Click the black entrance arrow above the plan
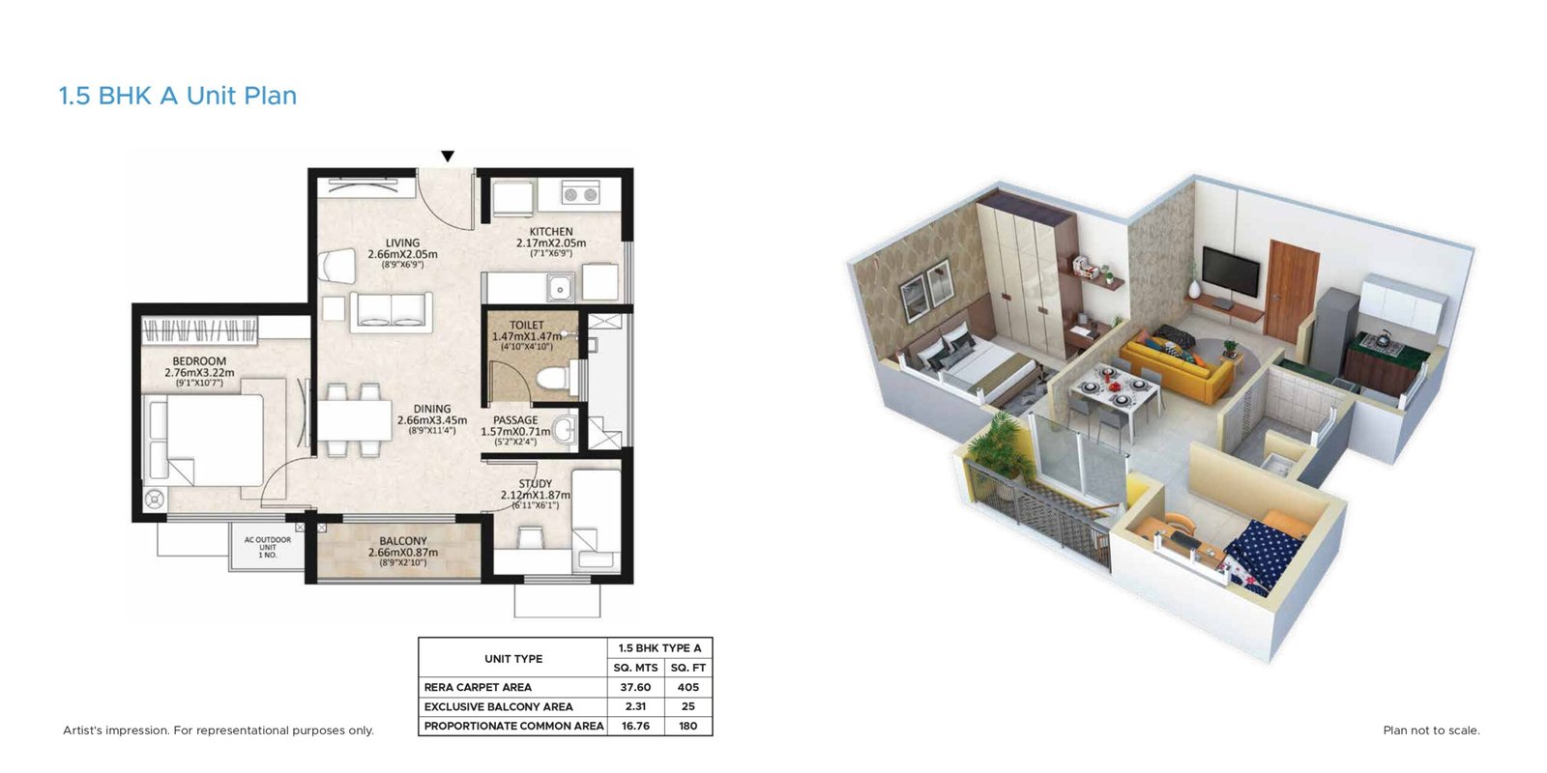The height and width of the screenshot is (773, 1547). [x=448, y=157]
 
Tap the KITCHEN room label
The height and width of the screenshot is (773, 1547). [x=551, y=232]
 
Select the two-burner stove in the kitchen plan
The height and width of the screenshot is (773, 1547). [x=580, y=195]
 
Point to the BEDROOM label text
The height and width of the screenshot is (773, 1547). [x=199, y=361]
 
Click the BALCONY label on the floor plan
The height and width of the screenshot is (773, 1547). [x=403, y=541]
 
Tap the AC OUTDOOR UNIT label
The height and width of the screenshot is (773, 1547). [x=268, y=547]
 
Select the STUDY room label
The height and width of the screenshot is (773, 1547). [x=536, y=484]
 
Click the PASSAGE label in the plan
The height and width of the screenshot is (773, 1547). [x=515, y=420]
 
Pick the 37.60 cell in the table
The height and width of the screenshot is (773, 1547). [x=635, y=687]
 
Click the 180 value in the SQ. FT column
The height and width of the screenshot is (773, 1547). [x=687, y=726]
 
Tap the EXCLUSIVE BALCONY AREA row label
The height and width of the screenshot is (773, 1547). [x=498, y=706]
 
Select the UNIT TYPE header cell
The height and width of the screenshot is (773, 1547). [x=513, y=659]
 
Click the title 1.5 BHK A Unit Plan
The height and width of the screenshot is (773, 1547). [x=178, y=96]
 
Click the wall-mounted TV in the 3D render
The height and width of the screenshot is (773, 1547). [x=1230, y=271]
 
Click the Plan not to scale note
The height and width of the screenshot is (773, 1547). [x=1431, y=730]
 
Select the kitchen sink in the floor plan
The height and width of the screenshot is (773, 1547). [x=560, y=287]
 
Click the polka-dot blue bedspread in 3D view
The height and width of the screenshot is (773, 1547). [x=1267, y=556]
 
